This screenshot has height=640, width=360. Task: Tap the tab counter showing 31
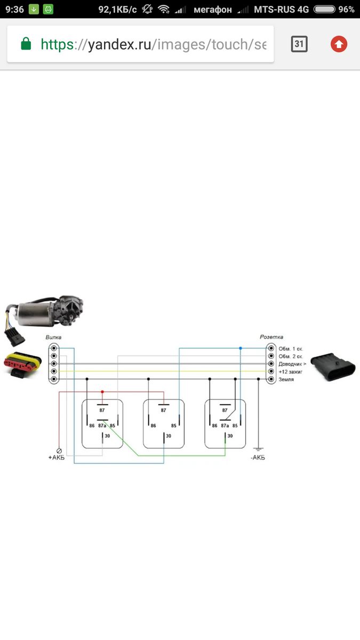point(299,44)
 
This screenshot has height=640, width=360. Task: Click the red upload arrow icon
point(339,44)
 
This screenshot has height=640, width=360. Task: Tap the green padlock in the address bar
point(26,44)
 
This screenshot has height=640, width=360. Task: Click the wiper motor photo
point(45,311)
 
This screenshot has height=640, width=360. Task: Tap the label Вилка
point(53,338)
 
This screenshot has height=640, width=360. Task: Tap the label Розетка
point(271,337)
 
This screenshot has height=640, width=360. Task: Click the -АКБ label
point(258,458)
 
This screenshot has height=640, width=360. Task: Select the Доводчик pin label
point(292,364)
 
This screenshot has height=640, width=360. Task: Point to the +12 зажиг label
point(291,371)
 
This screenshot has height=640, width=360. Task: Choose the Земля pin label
point(286,379)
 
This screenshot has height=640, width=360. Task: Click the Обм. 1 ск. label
point(291,349)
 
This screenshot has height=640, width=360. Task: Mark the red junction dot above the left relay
point(102,392)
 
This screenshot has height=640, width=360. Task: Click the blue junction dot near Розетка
point(241,348)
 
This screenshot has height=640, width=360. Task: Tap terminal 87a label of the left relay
point(102,426)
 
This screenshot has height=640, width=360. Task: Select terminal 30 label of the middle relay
point(168,436)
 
